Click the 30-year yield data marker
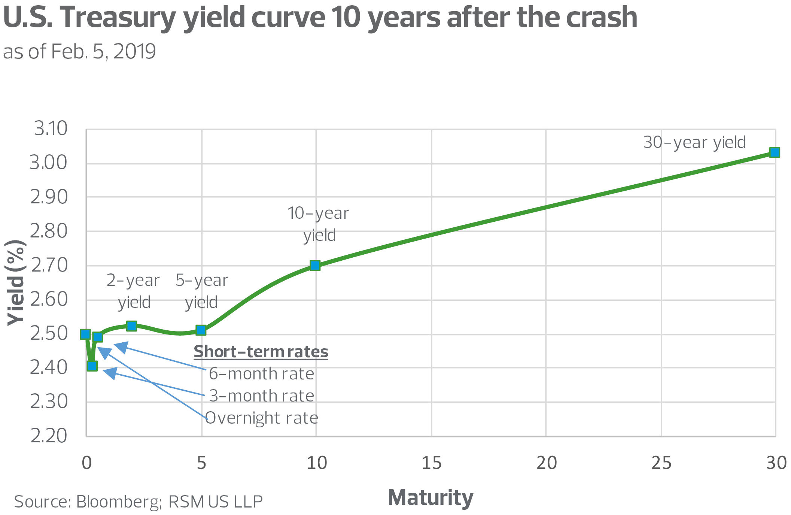click(x=775, y=152)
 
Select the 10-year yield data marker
click(x=315, y=266)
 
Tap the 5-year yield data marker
click(x=201, y=330)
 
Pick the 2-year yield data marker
click(x=131, y=326)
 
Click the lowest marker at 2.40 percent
click(x=92, y=366)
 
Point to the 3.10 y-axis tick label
click(x=51, y=128)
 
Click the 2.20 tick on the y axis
click(x=49, y=436)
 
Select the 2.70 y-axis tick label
click(x=49, y=265)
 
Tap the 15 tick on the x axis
click(x=431, y=463)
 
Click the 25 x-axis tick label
click(x=661, y=463)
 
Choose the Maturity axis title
click(x=431, y=497)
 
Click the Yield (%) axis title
click(x=16, y=283)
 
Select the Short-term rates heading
click(x=261, y=352)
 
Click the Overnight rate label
click(x=262, y=418)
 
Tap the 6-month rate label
click(x=261, y=374)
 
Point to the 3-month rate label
click(x=261, y=396)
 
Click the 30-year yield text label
click(x=694, y=142)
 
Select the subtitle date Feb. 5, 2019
click(x=103, y=52)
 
